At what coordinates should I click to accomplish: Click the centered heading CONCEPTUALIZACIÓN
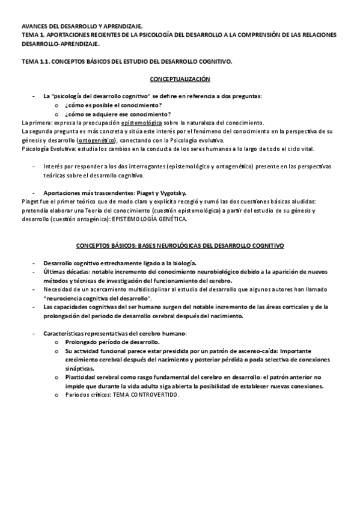pyautogui.click(x=180, y=79)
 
